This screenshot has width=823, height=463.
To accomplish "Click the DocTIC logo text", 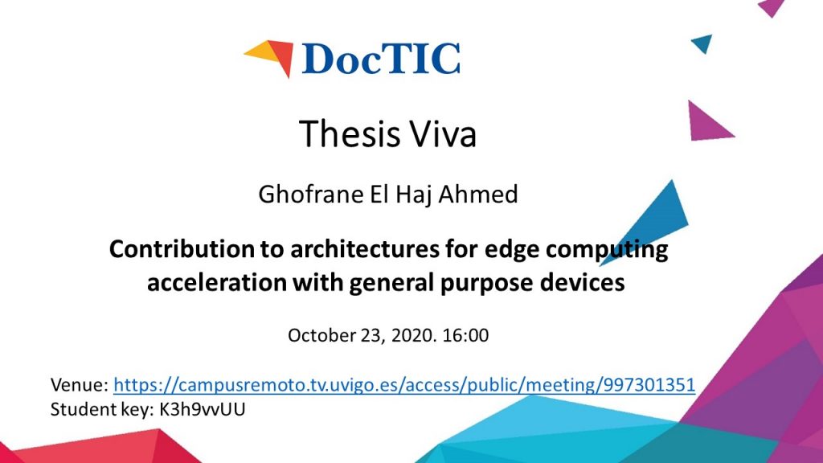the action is pyautogui.click(x=381, y=58).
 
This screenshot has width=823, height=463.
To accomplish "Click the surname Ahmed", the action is pyautogui.click(x=477, y=194).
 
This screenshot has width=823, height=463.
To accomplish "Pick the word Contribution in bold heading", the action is pyautogui.click(x=181, y=248).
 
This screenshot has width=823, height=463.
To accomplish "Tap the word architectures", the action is pyautogui.click(x=365, y=249).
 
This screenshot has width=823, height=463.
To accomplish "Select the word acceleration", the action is pyautogui.click(x=216, y=282).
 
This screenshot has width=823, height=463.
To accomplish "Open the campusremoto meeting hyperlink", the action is pyautogui.click(x=404, y=385).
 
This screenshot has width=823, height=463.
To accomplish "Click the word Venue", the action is pyautogui.click(x=80, y=385).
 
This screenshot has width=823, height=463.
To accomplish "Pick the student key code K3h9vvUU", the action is pyautogui.click(x=202, y=409).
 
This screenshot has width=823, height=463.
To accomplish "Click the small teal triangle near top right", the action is pyautogui.click(x=703, y=43).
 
